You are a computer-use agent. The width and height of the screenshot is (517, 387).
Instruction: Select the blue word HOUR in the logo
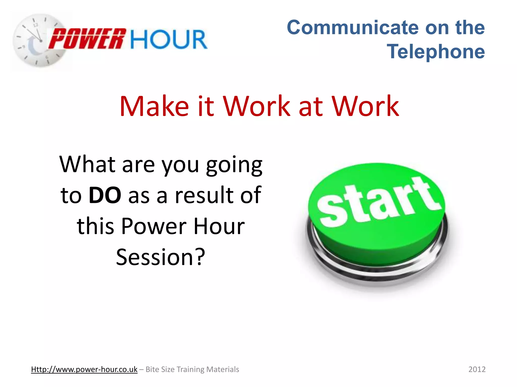(x=169, y=39)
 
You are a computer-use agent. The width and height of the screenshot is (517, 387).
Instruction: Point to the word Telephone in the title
(x=436, y=51)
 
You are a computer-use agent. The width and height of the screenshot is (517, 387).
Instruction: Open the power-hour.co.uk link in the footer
(x=84, y=369)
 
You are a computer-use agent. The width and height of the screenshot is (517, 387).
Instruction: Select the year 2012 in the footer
(x=477, y=369)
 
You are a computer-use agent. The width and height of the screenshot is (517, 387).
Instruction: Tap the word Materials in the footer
(x=223, y=369)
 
